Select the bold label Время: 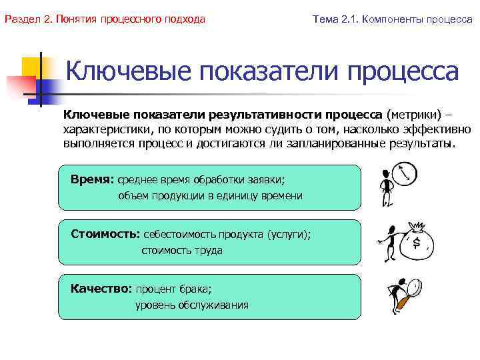coord(93,180)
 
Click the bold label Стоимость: coord(105,235)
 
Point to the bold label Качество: coord(101,289)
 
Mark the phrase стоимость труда coord(182,251)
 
